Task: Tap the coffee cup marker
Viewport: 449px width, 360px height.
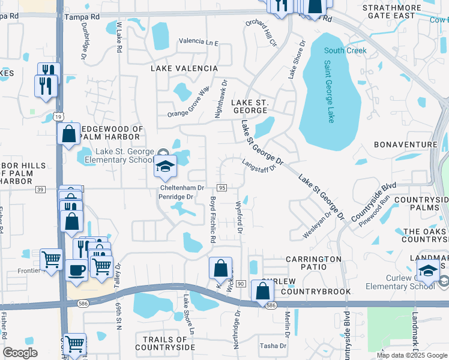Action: pos(76,270)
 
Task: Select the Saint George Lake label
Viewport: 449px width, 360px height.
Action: pos(329,92)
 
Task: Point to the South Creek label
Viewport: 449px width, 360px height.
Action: pos(345,50)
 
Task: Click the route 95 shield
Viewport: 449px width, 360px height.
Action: pos(222,188)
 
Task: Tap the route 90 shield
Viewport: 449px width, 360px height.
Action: pos(240,283)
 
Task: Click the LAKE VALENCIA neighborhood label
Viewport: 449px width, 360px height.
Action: pos(179,68)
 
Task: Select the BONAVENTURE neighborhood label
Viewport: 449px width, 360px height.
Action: pos(406,145)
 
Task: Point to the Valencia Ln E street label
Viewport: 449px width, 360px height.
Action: pos(199,43)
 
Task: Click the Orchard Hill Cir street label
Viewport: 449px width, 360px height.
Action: pos(261,34)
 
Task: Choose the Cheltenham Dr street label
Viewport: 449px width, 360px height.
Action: pos(182,188)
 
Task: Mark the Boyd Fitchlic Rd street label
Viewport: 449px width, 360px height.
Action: pos(212,219)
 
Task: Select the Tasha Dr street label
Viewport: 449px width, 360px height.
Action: pos(273,346)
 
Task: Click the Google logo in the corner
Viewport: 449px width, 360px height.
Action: pos(20,353)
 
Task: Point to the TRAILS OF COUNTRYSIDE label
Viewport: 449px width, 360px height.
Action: pos(165,343)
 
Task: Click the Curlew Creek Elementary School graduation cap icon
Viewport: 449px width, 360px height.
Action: pos(427,271)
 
